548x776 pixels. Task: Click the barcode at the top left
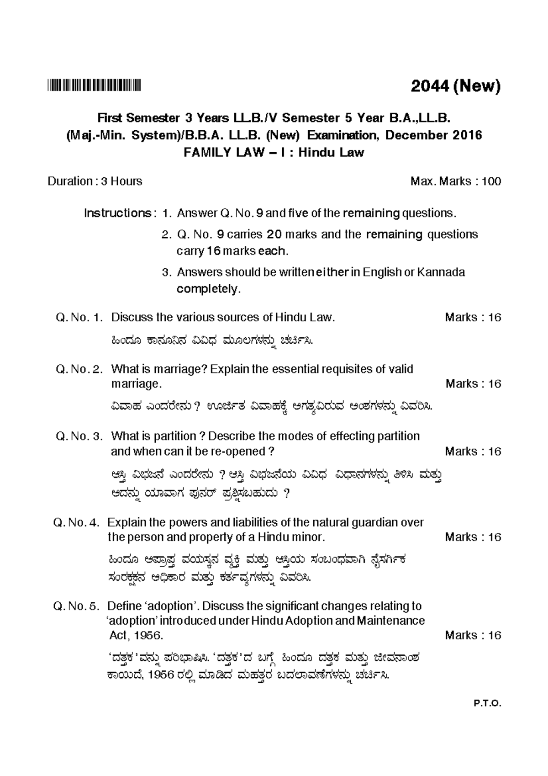(x=95, y=85)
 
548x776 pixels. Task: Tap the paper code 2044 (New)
(x=455, y=85)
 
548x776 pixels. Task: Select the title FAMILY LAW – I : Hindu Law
(x=274, y=152)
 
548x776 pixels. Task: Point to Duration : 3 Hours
(x=95, y=181)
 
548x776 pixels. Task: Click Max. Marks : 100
(x=455, y=181)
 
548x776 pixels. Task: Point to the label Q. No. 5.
(x=76, y=606)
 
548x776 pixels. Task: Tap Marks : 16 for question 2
(x=473, y=384)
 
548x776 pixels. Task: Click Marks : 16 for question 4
(x=473, y=537)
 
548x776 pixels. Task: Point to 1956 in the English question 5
(x=146, y=636)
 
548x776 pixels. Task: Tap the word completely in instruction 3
(x=208, y=289)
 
